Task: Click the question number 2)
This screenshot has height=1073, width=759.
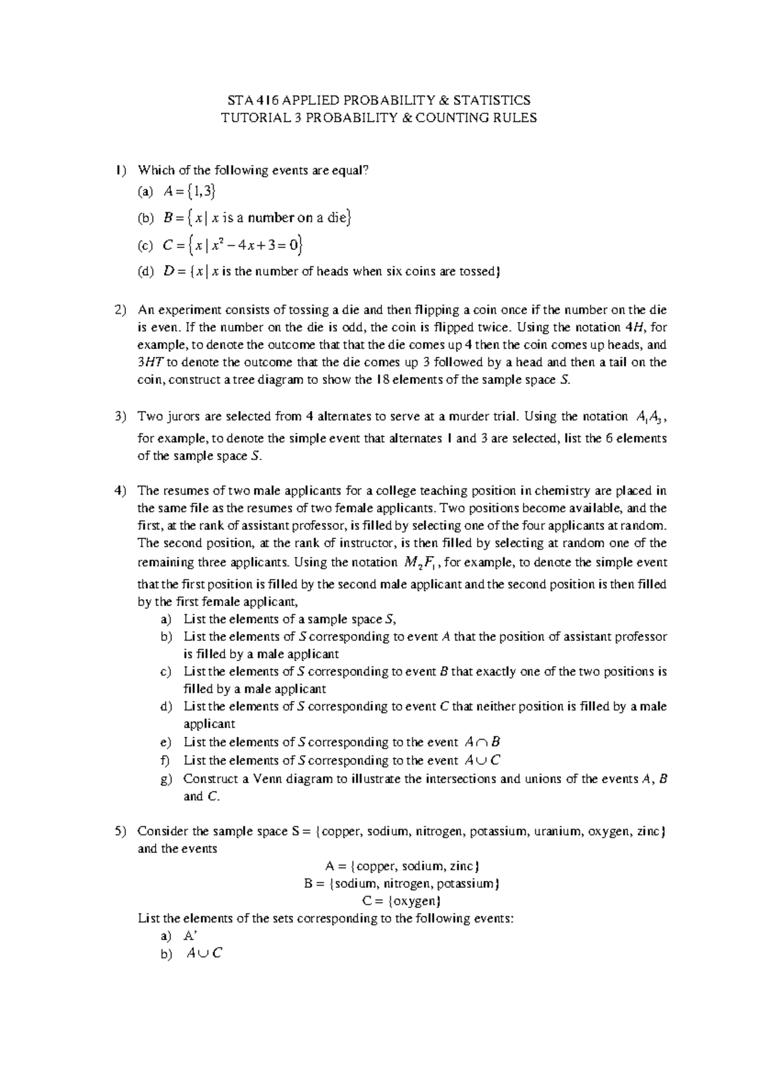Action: click(x=121, y=310)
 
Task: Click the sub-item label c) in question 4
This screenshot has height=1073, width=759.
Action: click(x=166, y=671)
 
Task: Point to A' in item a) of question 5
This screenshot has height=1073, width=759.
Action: click(x=190, y=936)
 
